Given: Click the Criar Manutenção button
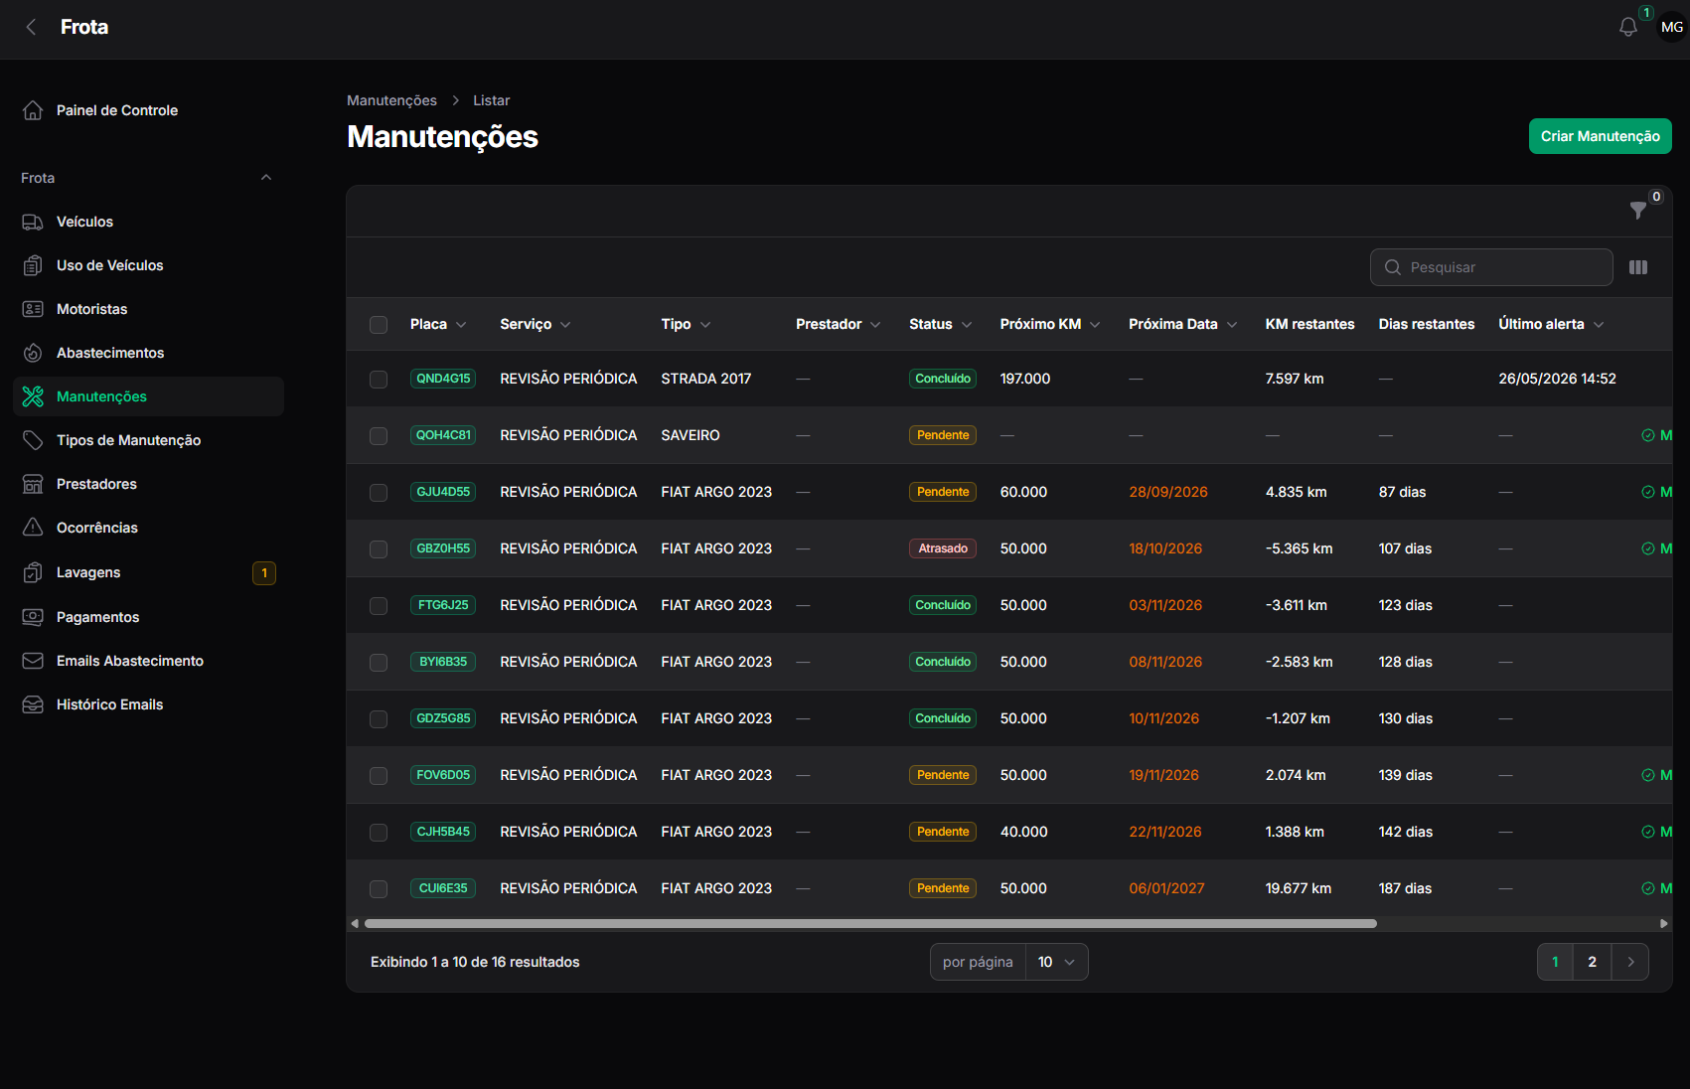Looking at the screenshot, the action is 1600,136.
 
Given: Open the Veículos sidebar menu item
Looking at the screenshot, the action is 84,222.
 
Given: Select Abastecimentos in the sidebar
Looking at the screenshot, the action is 110,353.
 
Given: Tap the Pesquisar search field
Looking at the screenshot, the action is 1491,267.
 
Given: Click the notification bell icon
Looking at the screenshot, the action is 1628,28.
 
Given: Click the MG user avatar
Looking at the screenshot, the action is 1672,27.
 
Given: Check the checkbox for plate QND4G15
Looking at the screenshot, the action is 378,379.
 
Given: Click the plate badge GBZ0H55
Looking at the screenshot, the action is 443,548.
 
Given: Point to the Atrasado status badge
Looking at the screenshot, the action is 942,548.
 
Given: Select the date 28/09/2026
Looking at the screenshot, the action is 1168,492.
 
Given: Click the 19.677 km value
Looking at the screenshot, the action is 1298,888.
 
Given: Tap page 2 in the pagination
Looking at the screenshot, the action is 1592,962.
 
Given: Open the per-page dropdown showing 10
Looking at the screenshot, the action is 1056,962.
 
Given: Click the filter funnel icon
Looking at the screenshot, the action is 1637,211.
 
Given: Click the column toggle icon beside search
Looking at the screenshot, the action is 1638,267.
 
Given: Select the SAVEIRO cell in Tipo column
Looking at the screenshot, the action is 691,435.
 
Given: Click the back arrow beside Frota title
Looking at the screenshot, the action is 31,27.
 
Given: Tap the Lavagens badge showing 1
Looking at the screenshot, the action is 264,572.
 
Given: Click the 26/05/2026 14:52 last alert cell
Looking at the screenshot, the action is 1557,379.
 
